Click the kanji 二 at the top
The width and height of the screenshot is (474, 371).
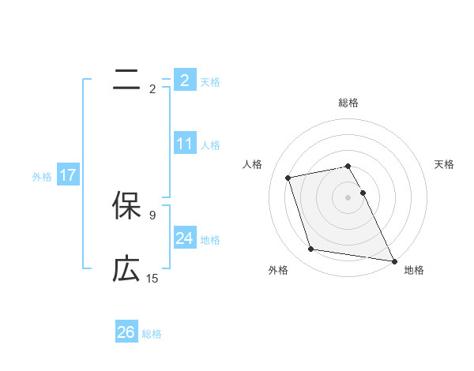126,80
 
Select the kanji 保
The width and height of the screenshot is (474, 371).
126,206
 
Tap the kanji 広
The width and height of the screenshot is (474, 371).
126,270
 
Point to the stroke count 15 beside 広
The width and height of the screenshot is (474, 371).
152,279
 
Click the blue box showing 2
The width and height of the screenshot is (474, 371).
184,81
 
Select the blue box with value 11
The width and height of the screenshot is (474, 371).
184,144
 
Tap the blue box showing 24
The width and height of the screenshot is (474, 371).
184,239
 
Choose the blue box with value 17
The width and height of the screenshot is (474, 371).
67,176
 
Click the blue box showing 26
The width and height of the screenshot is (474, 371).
126,332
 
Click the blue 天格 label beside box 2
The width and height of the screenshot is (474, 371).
210,81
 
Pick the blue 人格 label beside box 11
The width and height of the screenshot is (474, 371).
210,145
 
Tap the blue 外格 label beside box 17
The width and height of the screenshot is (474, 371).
42,177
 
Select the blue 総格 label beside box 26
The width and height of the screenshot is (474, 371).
152,334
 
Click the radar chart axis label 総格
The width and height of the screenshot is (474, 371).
348,103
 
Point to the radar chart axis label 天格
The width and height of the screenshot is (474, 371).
445,164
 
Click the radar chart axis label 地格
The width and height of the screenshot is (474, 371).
414,270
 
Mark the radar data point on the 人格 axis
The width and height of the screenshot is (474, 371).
288,177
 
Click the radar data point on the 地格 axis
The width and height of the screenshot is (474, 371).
393,260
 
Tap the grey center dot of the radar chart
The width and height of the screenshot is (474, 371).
348,197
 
